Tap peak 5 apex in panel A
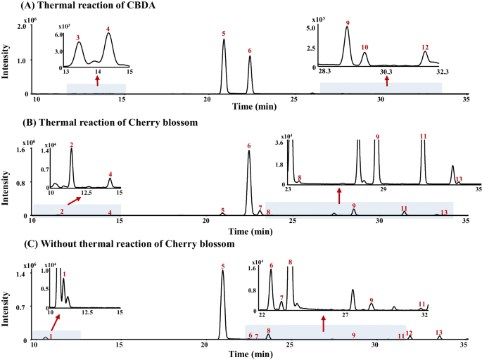pyautogui.click(x=224, y=40)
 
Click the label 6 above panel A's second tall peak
pyautogui.click(x=250, y=51)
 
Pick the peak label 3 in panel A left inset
pyautogui.click(x=77, y=37)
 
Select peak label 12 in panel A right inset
pyautogui.click(x=425, y=47)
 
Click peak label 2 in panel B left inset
pyautogui.click(x=72, y=144)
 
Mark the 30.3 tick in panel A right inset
pyautogui.click(x=386, y=72)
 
